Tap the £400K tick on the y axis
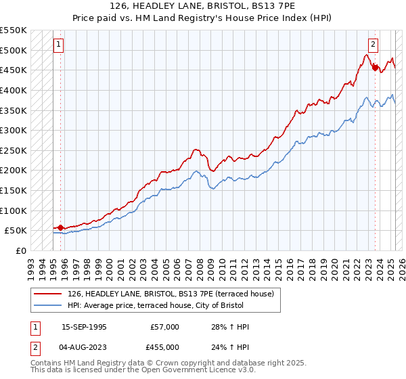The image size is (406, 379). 13,90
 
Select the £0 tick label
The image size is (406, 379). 20,251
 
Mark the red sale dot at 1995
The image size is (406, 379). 60,228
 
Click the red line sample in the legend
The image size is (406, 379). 48,294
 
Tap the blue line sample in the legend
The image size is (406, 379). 48,306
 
